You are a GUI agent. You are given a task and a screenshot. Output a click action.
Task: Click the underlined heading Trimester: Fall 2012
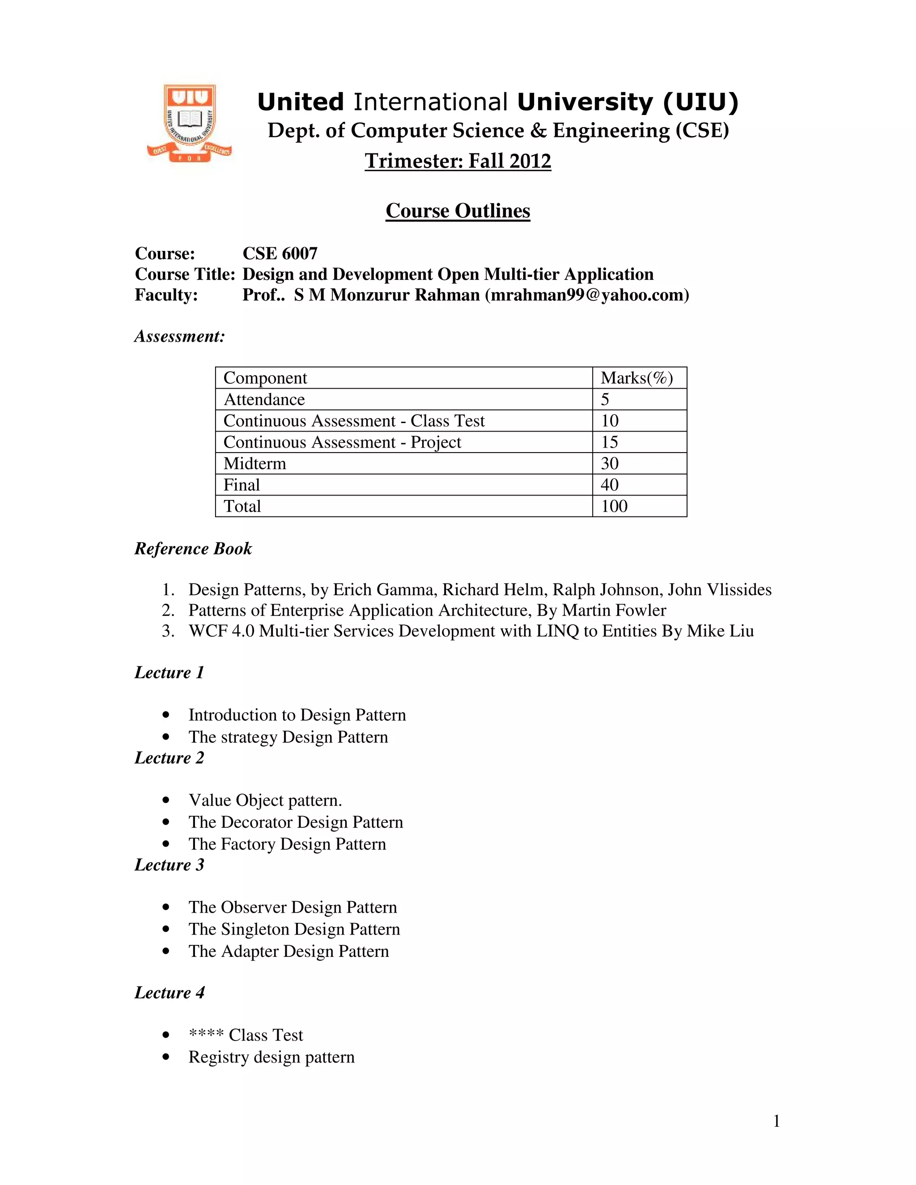tap(458, 161)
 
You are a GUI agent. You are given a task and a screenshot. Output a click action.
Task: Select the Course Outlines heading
tap(458, 211)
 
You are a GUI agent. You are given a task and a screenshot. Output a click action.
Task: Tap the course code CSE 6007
tap(280, 254)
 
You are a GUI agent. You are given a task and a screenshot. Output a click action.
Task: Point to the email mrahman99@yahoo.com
tap(587, 295)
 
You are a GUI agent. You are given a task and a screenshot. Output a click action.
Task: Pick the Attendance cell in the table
tap(264, 399)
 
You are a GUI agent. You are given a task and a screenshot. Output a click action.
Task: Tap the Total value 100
tap(614, 506)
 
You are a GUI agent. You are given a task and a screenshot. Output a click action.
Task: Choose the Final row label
tap(242, 485)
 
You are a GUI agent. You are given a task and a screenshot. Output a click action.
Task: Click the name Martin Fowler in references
tap(614, 610)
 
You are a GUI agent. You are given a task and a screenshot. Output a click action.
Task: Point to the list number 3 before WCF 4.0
tap(168, 631)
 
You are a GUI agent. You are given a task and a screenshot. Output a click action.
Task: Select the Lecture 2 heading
tap(170, 758)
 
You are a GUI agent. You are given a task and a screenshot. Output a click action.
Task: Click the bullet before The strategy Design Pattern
tap(166, 737)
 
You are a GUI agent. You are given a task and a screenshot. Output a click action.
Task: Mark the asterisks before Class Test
tap(206, 1035)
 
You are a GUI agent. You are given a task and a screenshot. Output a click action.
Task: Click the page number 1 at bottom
tap(776, 1121)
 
